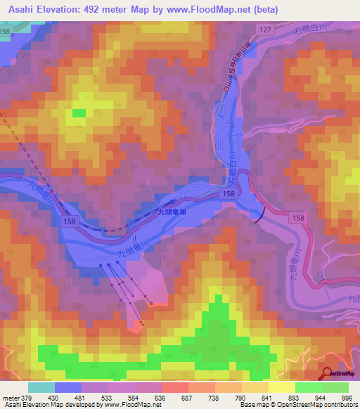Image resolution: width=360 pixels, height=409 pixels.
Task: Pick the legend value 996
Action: [x=345, y=397]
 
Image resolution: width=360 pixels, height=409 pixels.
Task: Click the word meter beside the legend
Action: [x=11, y=397]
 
